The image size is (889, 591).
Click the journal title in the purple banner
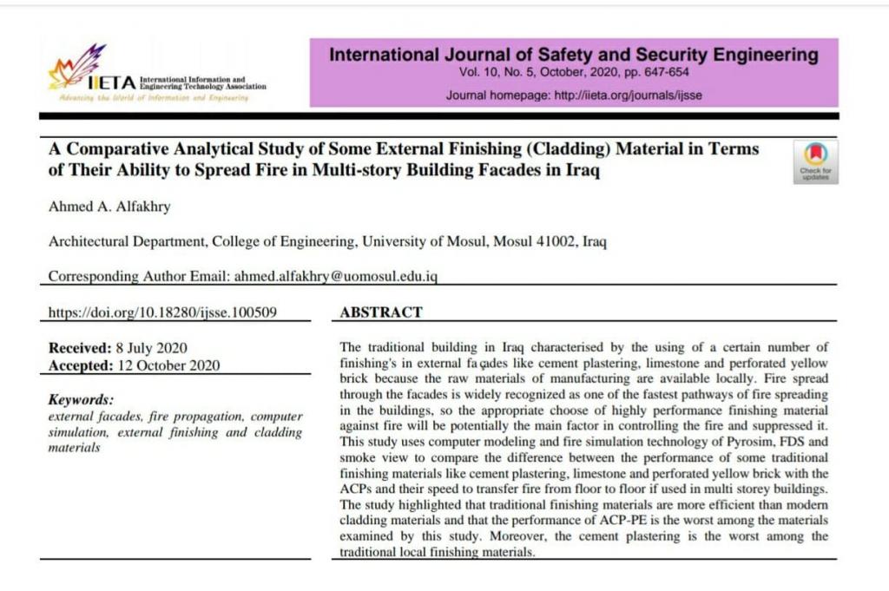tap(573, 56)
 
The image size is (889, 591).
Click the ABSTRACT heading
tap(381, 312)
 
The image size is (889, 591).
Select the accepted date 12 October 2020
tap(167, 365)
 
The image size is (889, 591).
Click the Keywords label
tap(81, 400)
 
